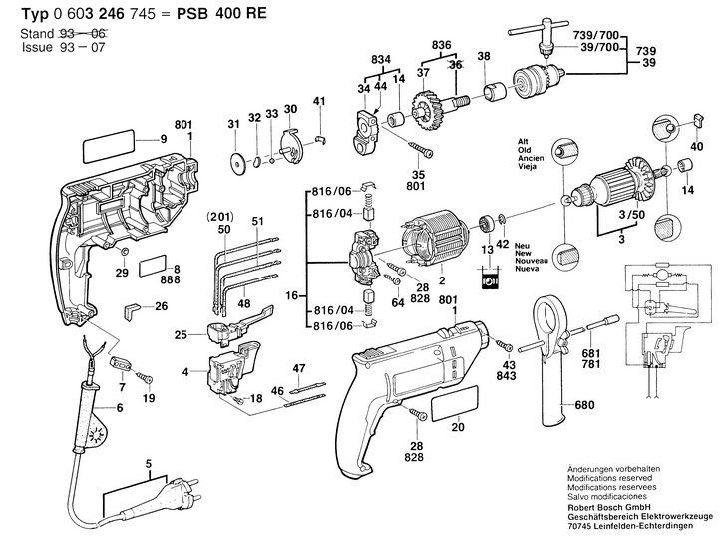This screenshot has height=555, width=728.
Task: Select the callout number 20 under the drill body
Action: click(457, 429)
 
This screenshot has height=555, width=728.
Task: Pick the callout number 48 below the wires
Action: click(243, 302)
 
